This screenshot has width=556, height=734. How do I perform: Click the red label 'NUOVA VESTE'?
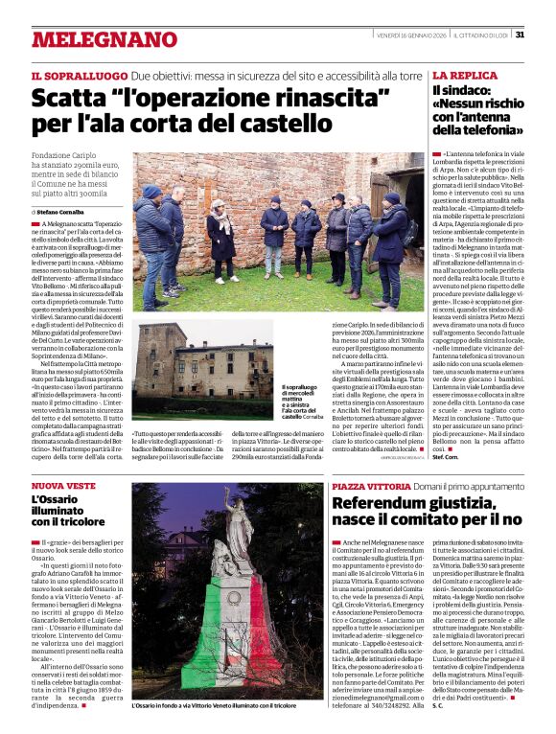click(x=62, y=487)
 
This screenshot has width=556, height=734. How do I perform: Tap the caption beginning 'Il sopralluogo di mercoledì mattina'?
click(x=299, y=402)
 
